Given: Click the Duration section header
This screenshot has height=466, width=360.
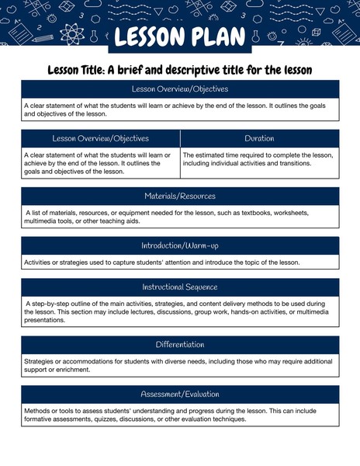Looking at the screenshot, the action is tap(259, 138).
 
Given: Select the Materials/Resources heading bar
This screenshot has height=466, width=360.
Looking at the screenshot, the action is tap(180, 196).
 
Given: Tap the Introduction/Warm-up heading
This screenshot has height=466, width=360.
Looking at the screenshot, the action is tap(180, 245).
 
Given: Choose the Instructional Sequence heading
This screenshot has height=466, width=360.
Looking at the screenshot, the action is tap(180, 287).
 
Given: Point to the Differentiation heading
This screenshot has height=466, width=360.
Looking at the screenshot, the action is tap(180, 344).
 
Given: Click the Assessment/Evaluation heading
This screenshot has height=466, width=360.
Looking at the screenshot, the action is tap(180, 394).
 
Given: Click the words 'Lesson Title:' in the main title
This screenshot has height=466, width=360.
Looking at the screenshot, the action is tap(75, 70).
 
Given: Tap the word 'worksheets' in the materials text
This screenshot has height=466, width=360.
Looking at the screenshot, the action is tap(284, 212).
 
